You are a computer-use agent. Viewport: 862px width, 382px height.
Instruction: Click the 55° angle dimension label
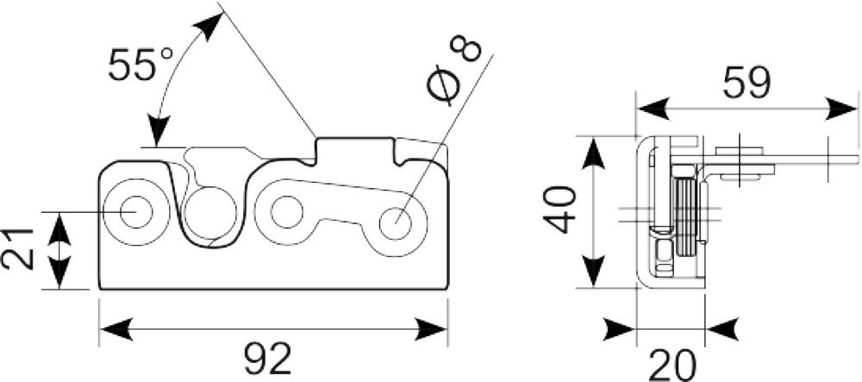click(x=141, y=65)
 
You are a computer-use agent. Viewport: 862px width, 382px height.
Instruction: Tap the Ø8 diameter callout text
click(x=454, y=71)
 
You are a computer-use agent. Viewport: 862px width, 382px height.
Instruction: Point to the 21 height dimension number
click(x=18, y=251)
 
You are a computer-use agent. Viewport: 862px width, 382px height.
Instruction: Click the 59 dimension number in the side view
click(x=746, y=83)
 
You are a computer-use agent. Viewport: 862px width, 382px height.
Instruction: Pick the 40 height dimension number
click(x=559, y=210)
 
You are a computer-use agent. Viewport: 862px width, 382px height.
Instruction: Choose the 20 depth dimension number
click(x=672, y=365)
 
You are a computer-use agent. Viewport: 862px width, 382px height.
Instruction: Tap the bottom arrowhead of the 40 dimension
click(x=594, y=271)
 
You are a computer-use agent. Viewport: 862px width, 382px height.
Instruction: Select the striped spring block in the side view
click(x=686, y=216)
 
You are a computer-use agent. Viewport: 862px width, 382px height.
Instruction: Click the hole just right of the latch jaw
click(x=286, y=211)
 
